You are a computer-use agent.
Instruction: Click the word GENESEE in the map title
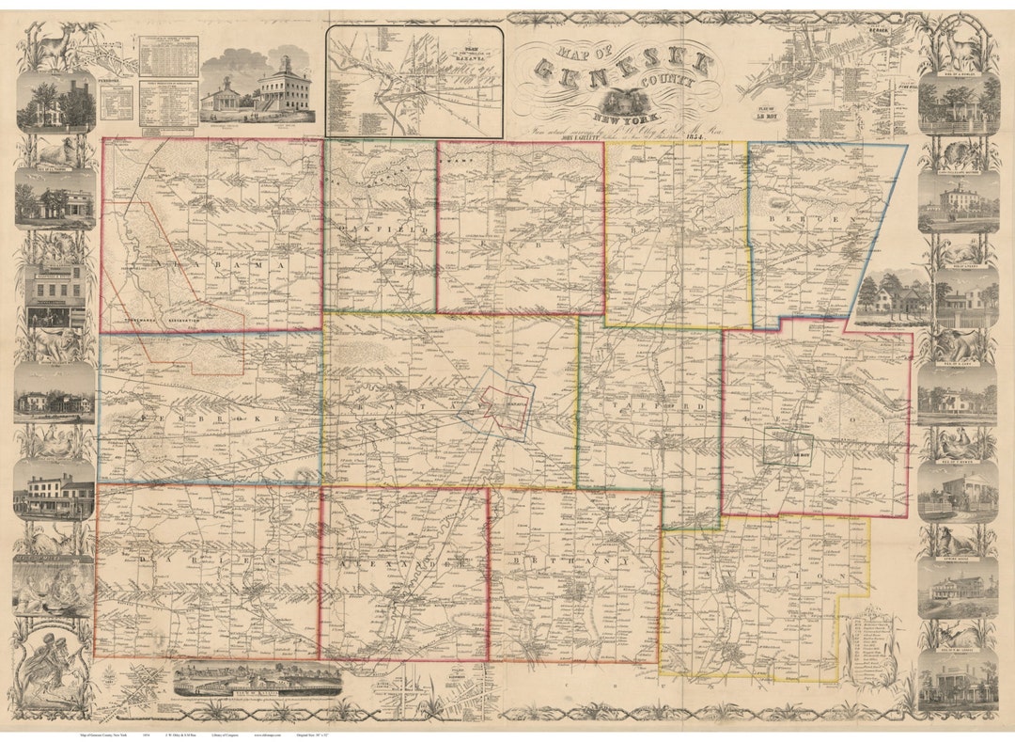620,68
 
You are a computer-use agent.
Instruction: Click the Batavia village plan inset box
414,82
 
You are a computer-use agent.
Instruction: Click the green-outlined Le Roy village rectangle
787,447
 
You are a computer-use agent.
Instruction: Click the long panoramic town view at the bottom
258,678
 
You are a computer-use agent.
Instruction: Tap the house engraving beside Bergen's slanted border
889,296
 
